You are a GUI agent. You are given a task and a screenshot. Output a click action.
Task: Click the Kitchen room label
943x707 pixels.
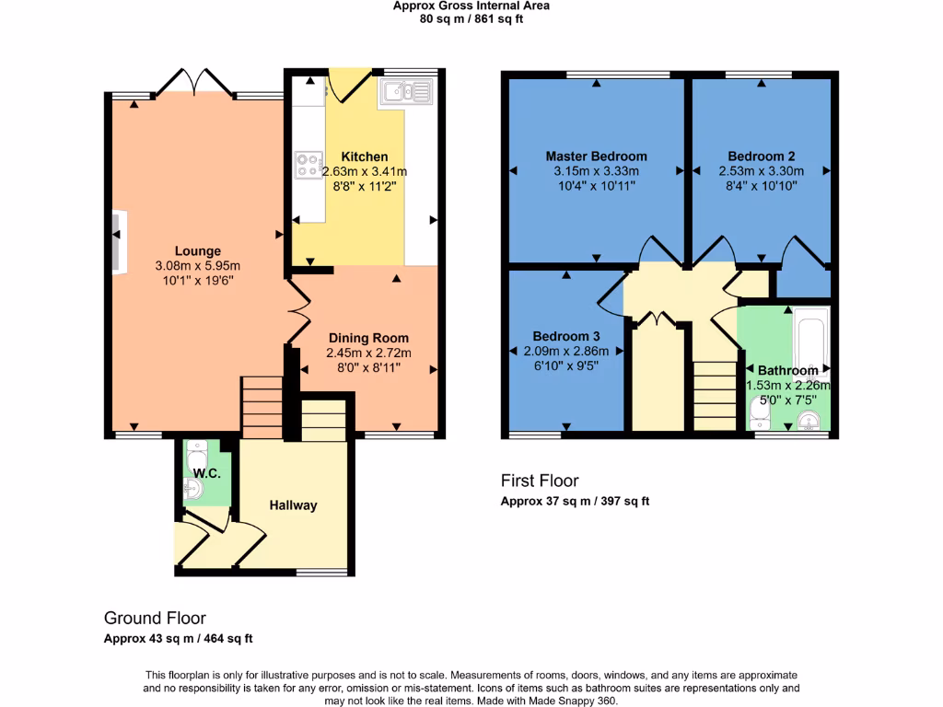365,156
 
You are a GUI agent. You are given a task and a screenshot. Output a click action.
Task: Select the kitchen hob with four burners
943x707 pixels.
308,165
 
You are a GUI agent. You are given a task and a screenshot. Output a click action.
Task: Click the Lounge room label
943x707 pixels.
199,250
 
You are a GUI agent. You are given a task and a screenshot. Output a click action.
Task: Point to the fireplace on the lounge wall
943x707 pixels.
118,242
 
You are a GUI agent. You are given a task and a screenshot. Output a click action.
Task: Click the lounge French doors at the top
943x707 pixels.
193,85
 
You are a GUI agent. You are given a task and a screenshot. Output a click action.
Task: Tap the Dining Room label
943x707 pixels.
368,338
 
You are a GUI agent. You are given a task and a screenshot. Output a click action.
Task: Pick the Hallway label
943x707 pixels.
293,504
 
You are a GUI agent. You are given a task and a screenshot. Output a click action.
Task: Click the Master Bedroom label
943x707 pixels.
596,156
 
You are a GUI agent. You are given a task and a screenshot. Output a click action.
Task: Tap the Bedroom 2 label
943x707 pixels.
761,156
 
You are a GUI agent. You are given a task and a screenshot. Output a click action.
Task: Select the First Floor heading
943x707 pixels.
540,481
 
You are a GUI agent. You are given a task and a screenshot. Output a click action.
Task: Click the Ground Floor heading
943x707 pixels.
155,619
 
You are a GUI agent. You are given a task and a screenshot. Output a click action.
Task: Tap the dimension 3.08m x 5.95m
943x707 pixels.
199,266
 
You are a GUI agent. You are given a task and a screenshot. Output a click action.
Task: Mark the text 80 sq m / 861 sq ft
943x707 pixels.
471,18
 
